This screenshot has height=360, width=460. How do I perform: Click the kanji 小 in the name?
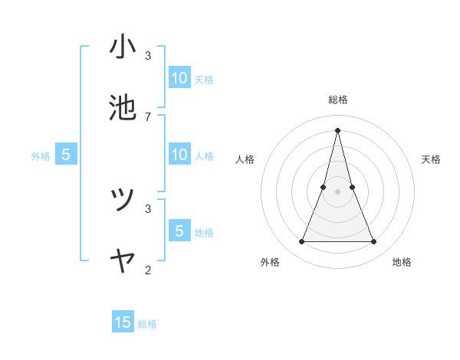click(x=123, y=48)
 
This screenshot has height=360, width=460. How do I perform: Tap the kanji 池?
click(x=123, y=109)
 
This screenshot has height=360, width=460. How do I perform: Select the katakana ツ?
click(x=123, y=200)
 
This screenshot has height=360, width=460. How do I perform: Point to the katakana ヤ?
click(x=123, y=262)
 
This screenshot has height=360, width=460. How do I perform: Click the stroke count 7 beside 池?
click(x=148, y=116)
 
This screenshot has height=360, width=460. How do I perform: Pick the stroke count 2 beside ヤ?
click(x=148, y=269)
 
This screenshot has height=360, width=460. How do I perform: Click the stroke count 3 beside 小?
click(x=148, y=55)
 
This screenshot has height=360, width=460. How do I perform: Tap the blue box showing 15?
click(x=123, y=322)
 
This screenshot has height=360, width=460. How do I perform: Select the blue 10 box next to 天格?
click(x=179, y=78)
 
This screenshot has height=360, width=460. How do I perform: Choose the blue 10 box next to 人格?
click(x=179, y=155)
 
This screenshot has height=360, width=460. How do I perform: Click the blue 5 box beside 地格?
click(x=179, y=231)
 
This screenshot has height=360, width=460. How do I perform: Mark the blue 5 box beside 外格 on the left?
click(x=66, y=155)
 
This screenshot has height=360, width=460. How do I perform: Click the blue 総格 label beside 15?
click(x=147, y=324)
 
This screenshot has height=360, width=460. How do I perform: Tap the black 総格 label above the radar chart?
click(x=338, y=100)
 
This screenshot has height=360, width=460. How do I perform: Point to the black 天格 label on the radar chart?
click(x=432, y=159)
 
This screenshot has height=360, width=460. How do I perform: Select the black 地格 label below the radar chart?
click(x=402, y=262)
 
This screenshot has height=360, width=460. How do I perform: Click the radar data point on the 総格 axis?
click(x=337, y=129)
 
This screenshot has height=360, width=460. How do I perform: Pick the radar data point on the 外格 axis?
click(x=301, y=242)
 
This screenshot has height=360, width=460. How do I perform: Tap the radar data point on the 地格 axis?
click(x=374, y=242)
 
